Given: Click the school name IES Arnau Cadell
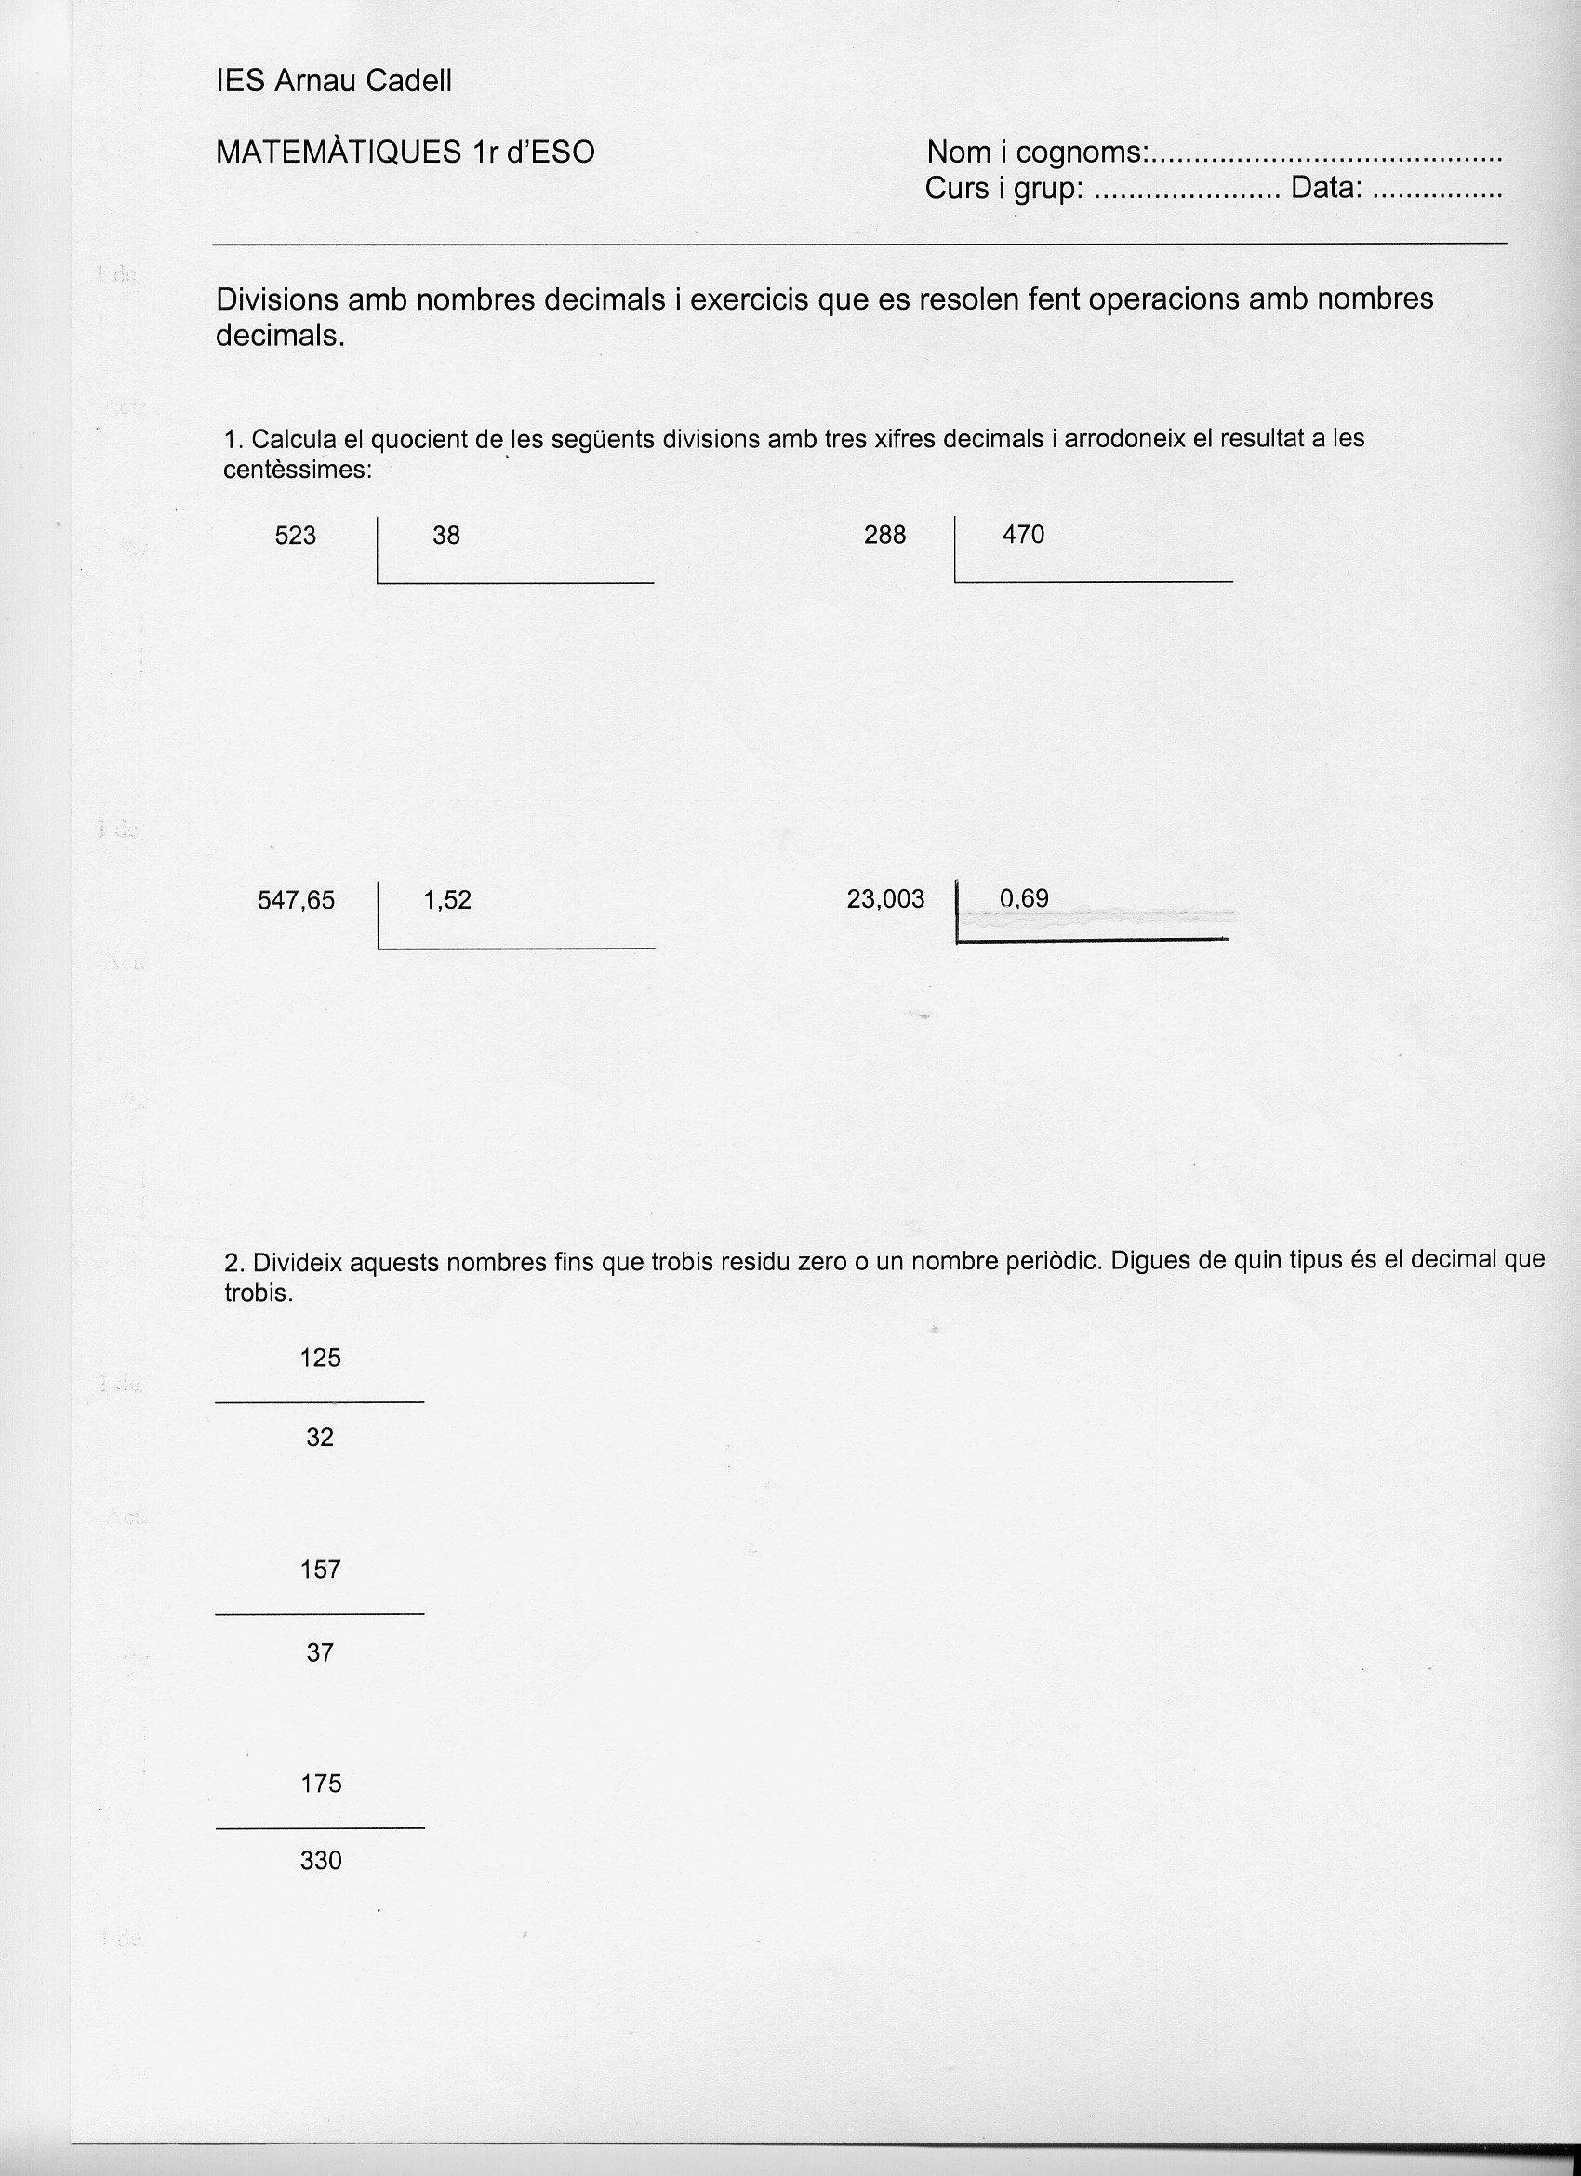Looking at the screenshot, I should pos(334,82).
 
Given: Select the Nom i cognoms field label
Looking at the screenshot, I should pos(1036,153).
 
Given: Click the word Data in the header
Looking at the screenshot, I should pos(1326,189).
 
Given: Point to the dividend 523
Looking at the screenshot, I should pos(296,536).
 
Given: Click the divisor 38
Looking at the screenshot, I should pos(446,536).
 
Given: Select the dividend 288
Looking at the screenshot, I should pos(884,536).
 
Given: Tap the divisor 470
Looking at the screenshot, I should pos(1024,536).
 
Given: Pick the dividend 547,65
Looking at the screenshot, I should pos(297,900).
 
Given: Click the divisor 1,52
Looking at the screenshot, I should pos(447,900).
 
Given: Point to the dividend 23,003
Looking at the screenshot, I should pos(885,899).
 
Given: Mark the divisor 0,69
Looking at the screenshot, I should pos(1025,898).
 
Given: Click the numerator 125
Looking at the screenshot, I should pos(321,1358).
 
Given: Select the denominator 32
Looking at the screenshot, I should pos(321,1438).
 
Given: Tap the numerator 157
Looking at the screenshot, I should pos(321,1570).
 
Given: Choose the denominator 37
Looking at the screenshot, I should pos(321,1652).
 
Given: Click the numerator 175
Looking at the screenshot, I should pos(321,1784).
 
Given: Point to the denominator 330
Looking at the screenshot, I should pos(321,1861).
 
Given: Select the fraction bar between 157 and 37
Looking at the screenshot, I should pos(320,1613).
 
